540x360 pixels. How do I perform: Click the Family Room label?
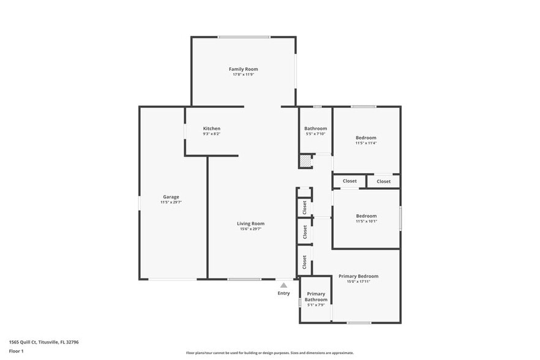[x=243, y=69]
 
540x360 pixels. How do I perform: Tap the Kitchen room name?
[x=211, y=129]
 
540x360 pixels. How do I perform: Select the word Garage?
[x=171, y=197]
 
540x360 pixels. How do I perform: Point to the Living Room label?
[x=250, y=223]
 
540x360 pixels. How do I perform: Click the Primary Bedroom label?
[x=358, y=276]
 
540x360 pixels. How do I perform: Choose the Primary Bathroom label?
[x=316, y=297]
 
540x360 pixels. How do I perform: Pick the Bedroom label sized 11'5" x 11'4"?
[x=366, y=138]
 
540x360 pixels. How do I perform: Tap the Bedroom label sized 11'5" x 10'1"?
[x=366, y=216]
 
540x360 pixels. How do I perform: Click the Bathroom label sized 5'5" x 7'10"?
[x=315, y=129]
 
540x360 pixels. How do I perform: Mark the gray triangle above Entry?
[x=283, y=285]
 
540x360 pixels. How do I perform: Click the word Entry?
[x=283, y=293]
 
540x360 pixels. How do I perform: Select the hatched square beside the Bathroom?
[x=305, y=161]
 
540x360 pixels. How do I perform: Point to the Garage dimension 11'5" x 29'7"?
[x=171, y=202]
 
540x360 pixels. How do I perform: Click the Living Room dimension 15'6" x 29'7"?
[x=250, y=229]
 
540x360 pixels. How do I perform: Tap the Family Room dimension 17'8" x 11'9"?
[x=243, y=75]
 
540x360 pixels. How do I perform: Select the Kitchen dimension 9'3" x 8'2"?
[x=211, y=134]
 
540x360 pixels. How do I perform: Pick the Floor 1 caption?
[x=16, y=351]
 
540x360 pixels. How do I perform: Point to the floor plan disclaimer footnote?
[x=269, y=353]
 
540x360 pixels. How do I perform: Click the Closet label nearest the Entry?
[x=304, y=261]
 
